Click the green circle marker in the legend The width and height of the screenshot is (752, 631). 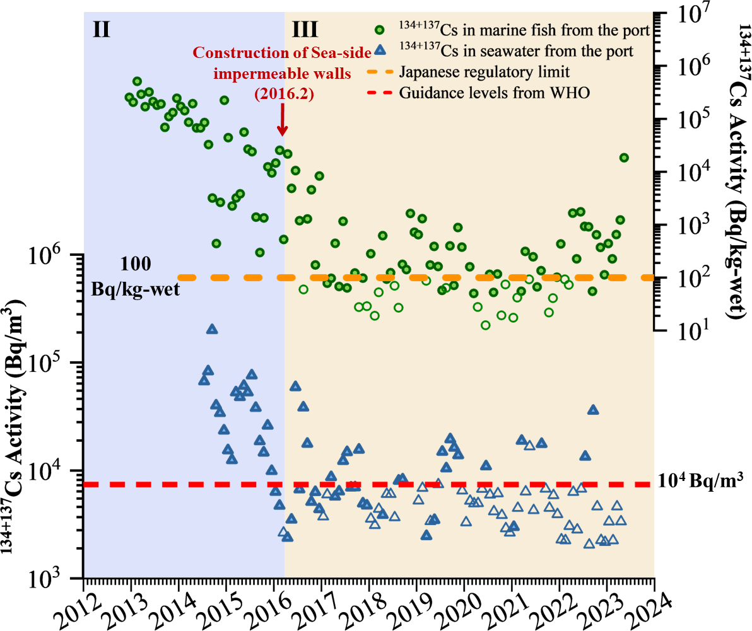(379, 29)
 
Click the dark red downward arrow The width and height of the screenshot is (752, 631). (283, 119)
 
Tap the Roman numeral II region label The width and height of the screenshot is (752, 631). (102, 28)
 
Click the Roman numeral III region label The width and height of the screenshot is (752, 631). (306, 28)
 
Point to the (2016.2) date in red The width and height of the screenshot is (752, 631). (283, 93)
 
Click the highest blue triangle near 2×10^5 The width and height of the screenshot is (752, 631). (212, 329)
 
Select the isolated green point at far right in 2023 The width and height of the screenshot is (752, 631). (624, 158)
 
